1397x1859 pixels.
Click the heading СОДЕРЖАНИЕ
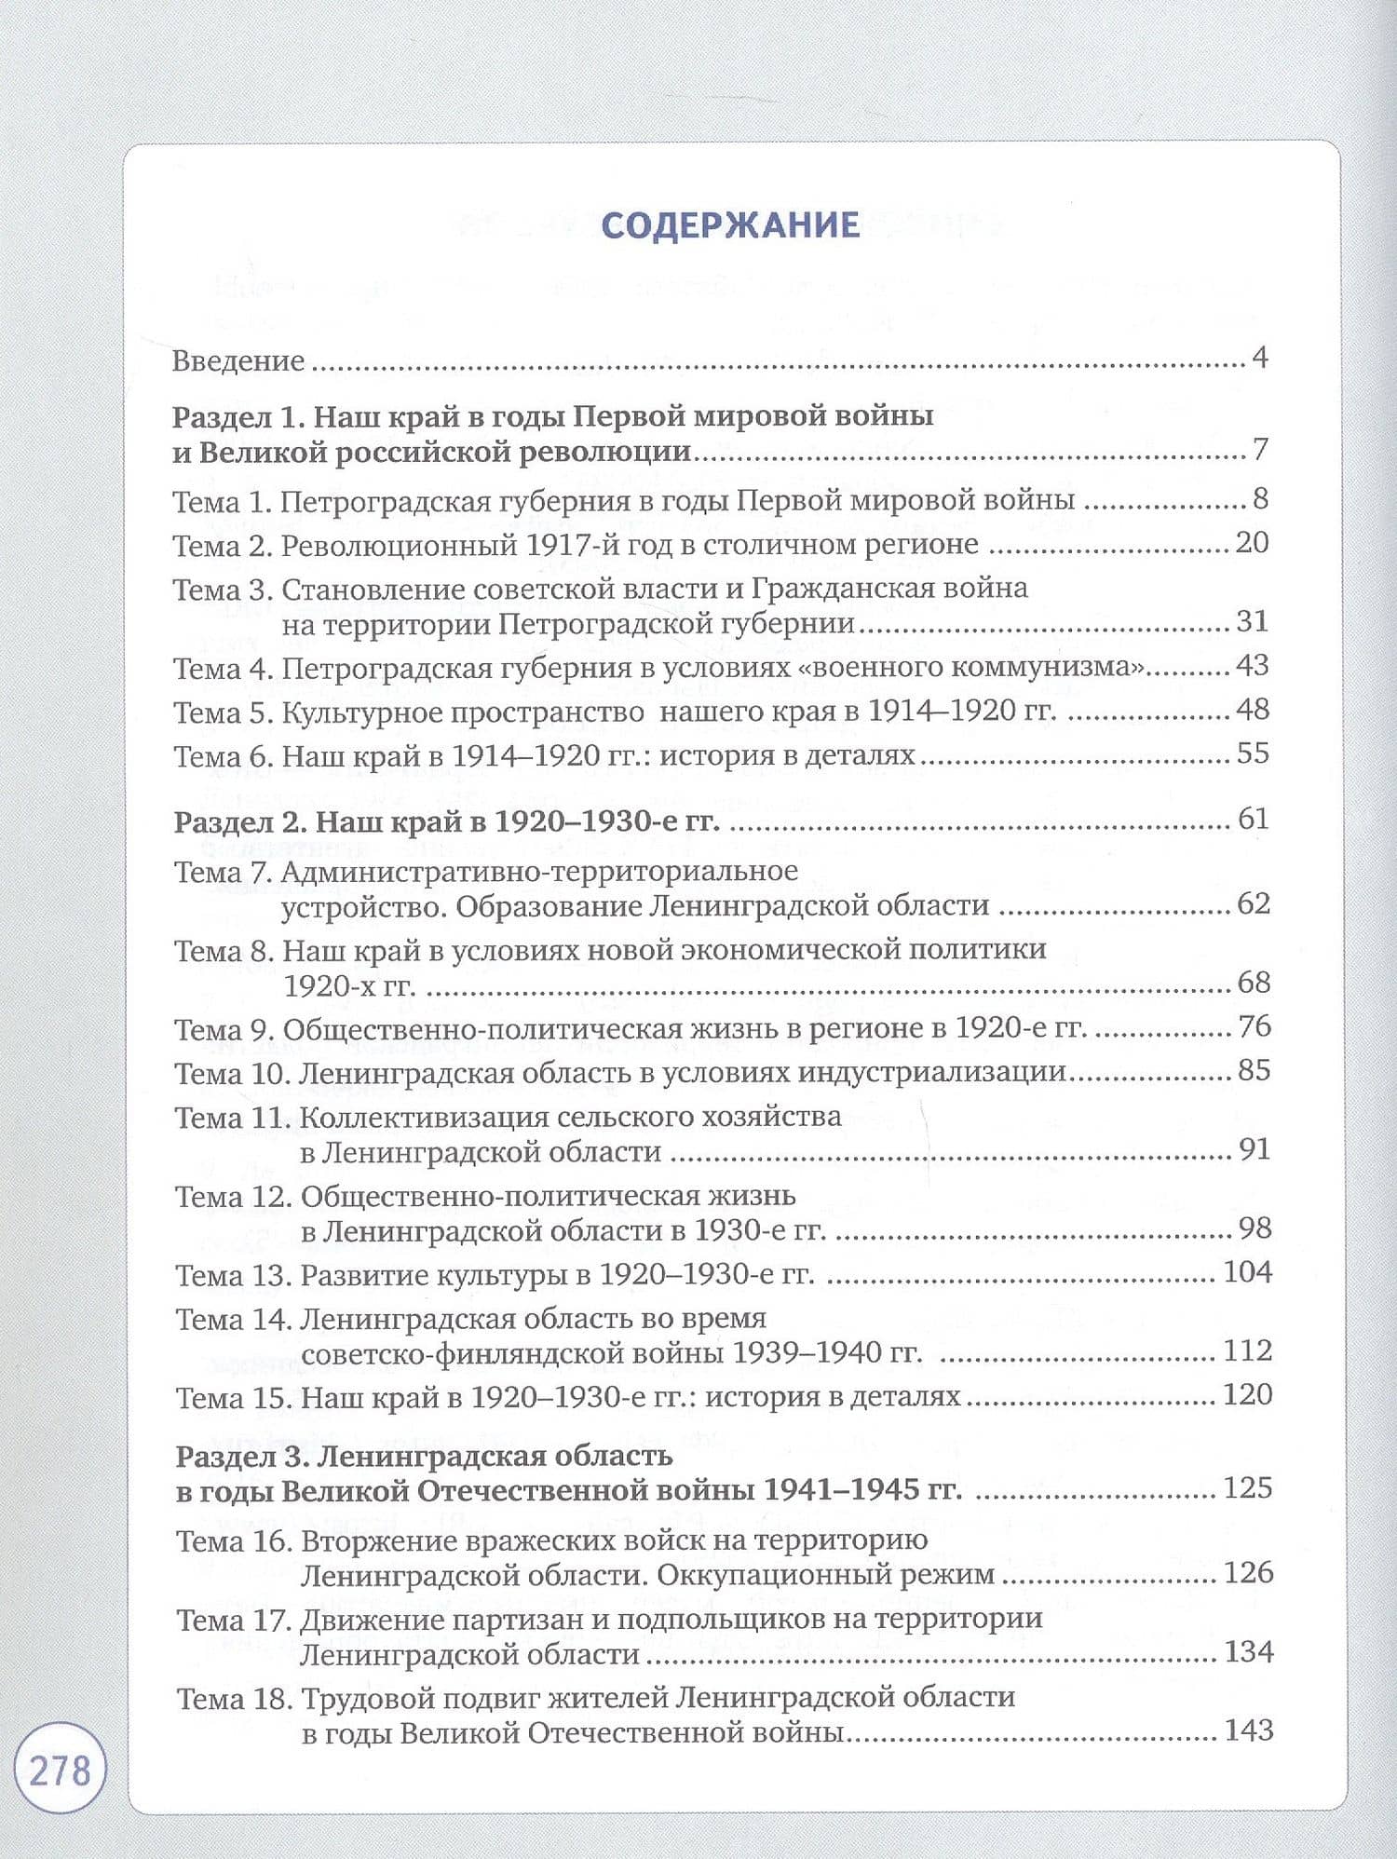[730, 226]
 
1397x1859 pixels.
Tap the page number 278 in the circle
[61, 1769]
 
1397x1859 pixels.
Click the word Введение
[238, 361]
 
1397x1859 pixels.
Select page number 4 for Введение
[1260, 358]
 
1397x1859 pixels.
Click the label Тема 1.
[222, 502]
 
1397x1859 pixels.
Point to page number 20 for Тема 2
[1252, 542]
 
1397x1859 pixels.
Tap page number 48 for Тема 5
[1252, 710]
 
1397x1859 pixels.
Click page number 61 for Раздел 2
[1254, 819]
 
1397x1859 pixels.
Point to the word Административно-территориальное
[539, 872]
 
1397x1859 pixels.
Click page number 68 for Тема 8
[1254, 982]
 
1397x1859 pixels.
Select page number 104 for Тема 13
[1247, 1271]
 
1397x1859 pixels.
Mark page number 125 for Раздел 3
[1248, 1487]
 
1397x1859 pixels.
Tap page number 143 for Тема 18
[1249, 1730]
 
